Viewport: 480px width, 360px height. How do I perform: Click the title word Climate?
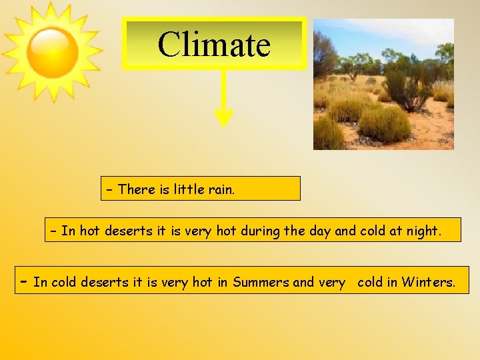pyautogui.click(x=214, y=45)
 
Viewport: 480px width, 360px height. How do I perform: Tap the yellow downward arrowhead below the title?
pyautogui.click(x=224, y=118)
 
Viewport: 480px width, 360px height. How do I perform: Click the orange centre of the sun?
pyautogui.click(x=53, y=53)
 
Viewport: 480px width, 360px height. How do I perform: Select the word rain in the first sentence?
pyautogui.click(x=221, y=189)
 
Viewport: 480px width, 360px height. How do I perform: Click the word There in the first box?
pyautogui.click(x=136, y=189)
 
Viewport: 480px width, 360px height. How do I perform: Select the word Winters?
pyautogui.click(x=428, y=282)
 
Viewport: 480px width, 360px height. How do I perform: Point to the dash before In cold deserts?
pyautogui.click(x=23, y=281)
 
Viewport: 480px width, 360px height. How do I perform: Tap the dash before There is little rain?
pyautogui.click(x=110, y=190)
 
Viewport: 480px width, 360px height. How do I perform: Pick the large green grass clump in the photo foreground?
pyautogui.click(x=385, y=125)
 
